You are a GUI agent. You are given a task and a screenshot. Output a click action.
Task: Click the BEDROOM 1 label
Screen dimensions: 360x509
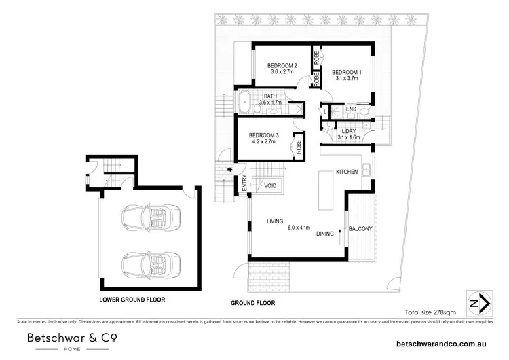point(346,73)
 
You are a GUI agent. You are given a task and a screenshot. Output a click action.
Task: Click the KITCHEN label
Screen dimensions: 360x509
point(346,173)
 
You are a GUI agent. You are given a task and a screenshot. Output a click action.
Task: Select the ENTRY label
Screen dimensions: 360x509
point(243,184)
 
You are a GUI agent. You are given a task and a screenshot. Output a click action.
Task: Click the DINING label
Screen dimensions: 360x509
point(324,234)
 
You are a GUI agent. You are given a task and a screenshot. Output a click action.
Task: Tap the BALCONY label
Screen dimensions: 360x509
point(360,229)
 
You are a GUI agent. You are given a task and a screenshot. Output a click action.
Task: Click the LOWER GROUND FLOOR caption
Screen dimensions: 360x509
point(132,299)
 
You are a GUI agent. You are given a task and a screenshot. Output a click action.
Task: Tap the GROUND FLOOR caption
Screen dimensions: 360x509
point(252,304)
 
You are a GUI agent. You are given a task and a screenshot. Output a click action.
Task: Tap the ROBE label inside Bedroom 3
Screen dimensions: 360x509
point(297,145)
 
